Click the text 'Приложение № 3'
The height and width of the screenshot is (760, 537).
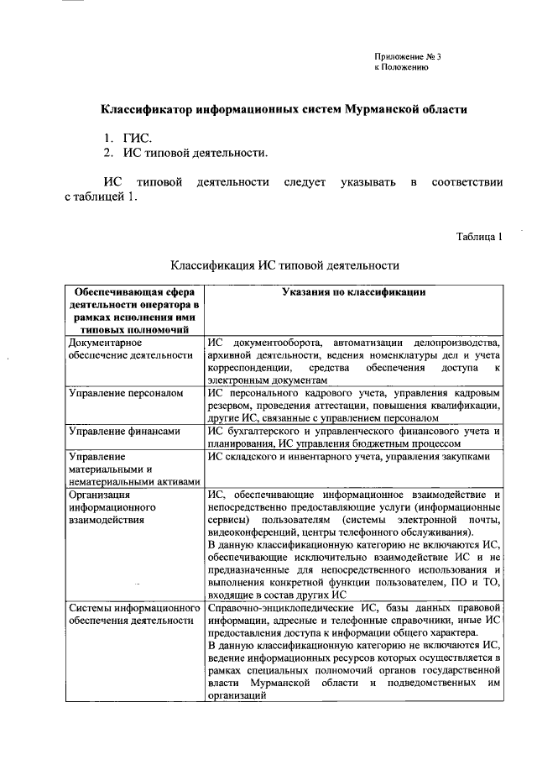(407, 57)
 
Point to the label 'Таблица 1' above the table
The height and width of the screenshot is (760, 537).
(479, 237)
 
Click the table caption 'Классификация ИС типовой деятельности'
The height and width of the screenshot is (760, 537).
(284, 266)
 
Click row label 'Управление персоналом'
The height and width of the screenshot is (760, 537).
(124, 392)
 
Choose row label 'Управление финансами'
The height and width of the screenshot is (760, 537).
(124, 431)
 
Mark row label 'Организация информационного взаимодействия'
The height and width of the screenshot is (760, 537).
(113, 507)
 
